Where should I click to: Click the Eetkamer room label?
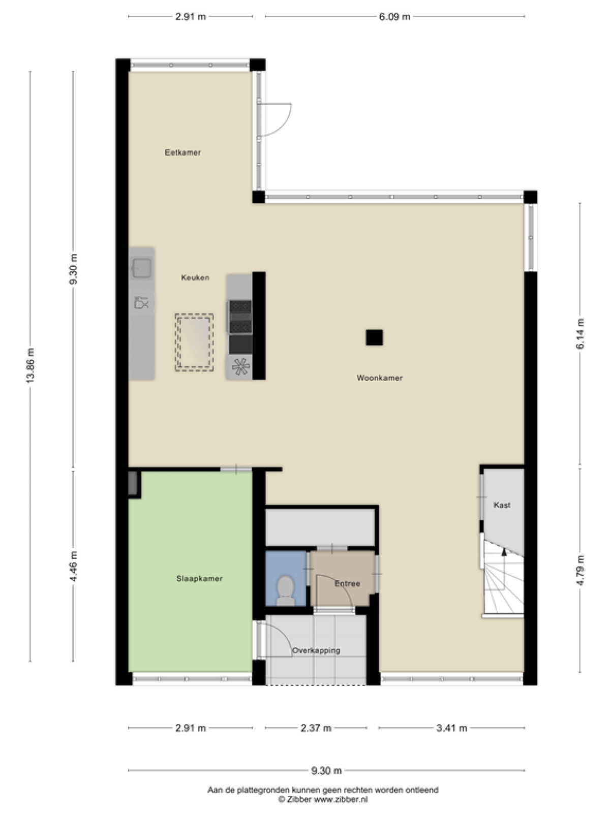pyautogui.click(x=183, y=152)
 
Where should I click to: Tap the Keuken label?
pyautogui.click(x=195, y=277)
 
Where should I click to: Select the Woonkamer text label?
pyautogui.click(x=380, y=378)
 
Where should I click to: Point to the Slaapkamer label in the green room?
pyautogui.click(x=199, y=579)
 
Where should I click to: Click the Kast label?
pyautogui.click(x=502, y=505)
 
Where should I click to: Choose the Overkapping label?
pyautogui.click(x=316, y=650)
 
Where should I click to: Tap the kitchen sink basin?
pyautogui.click(x=142, y=267)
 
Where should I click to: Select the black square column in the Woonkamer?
pyautogui.click(x=375, y=337)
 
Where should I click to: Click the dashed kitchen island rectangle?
pyautogui.click(x=195, y=342)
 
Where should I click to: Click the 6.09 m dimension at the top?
pyautogui.click(x=394, y=17)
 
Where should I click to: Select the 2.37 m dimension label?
pyautogui.click(x=316, y=728)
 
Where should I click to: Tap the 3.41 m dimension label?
pyautogui.click(x=452, y=728)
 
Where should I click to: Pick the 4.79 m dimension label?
pyautogui.click(x=580, y=570)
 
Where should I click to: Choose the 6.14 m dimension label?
pyautogui.click(x=580, y=333)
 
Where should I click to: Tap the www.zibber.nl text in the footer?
pyautogui.click(x=341, y=799)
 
